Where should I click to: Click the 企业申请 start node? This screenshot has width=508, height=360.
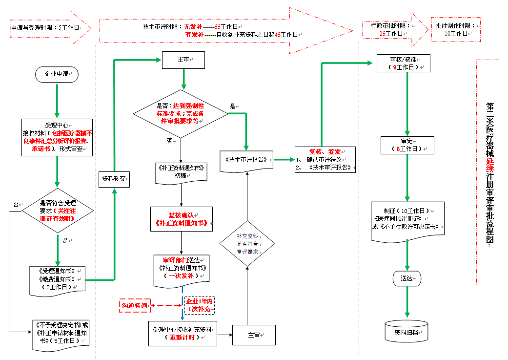57,74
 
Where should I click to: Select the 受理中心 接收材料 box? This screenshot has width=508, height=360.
57,137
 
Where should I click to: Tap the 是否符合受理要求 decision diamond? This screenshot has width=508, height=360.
57,211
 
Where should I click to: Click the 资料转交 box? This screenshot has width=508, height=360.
114,179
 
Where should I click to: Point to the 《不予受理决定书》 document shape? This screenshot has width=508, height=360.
61,335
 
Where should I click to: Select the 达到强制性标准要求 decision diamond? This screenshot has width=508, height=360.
181,114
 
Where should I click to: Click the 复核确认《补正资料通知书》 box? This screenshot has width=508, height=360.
181,218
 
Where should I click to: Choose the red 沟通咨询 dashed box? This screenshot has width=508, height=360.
134,306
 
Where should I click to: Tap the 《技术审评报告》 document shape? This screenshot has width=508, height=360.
246,160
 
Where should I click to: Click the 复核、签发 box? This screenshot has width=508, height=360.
325,159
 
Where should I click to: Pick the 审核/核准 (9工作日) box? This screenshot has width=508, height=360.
404,63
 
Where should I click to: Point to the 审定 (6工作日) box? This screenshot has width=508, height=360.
407,145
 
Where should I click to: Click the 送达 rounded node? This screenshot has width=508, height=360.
407,278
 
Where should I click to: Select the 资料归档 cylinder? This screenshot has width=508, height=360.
406,332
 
